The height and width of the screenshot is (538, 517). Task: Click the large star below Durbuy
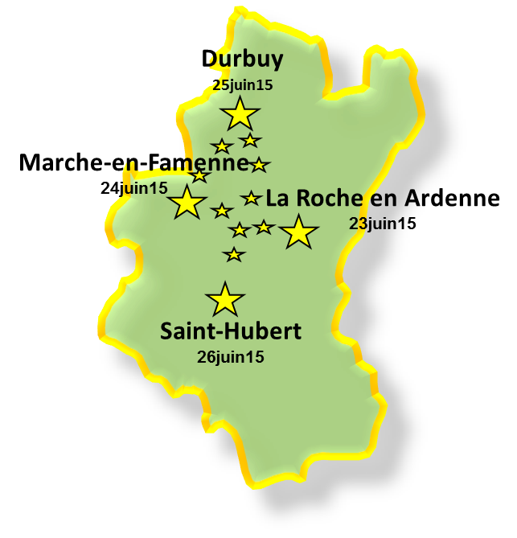click(240, 113)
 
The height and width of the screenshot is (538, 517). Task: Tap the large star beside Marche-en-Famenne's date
click(188, 202)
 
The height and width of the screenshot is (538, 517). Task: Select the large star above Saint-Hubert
click(225, 299)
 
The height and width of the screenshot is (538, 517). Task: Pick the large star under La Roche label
click(299, 232)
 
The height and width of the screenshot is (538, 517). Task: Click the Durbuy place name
click(242, 60)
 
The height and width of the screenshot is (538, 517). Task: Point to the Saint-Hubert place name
click(231, 331)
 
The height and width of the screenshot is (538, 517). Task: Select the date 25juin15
click(243, 84)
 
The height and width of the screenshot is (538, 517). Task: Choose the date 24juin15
click(133, 188)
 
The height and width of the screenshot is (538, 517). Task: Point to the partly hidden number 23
click(356, 223)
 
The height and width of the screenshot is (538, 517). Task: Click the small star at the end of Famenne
click(258, 165)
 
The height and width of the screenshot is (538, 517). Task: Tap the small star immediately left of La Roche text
click(252, 197)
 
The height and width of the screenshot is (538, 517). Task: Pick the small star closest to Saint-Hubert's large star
click(234, 255)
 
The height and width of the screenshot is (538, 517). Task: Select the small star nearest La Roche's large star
click(264, 228)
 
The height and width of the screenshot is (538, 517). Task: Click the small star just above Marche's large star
click(199, 176)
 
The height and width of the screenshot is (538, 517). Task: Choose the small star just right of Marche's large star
click(221, 211)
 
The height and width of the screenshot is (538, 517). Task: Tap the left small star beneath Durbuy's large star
click(221, 146)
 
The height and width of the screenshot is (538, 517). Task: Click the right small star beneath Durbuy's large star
click(250, 141)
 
